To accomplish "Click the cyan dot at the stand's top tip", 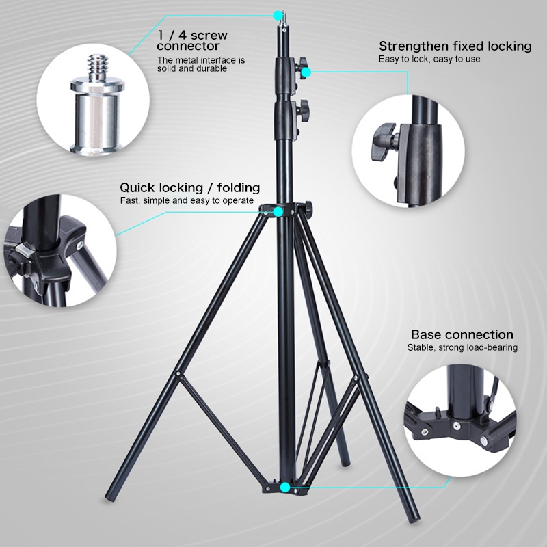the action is point(278,15).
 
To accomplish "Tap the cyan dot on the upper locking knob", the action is point(306,72).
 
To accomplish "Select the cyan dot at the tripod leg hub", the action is point(278,212).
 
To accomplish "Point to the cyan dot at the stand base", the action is point(285,488).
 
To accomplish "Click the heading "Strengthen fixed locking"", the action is point(455,46).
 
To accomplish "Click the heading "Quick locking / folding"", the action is point(190,187).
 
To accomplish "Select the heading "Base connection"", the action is point(462,334).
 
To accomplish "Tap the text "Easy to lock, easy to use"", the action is point(429,59).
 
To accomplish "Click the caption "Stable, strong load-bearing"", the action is point(462,347).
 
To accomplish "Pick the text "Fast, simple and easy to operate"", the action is point(187,200).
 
